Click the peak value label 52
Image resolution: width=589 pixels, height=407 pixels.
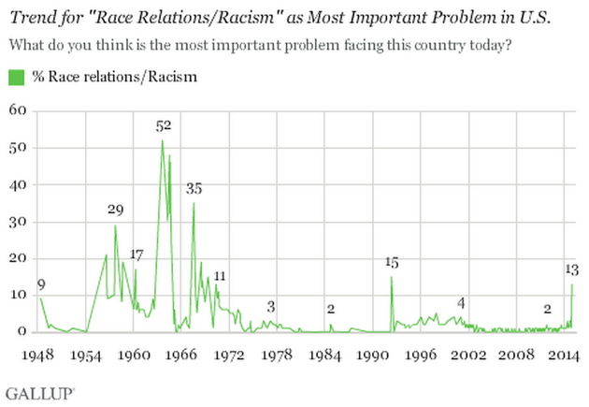(x=164, y=125)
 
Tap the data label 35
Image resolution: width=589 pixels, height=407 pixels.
(x=194, y=188)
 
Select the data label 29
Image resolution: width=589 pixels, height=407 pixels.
(x=115, y=210)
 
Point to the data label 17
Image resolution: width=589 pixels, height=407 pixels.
(x=136, y=254)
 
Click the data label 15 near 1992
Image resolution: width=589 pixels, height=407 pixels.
(x=392, y=262)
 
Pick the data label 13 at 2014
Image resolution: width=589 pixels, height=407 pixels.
(x=571, y=269)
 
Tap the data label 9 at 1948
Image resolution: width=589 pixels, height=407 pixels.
(x=41, y=284)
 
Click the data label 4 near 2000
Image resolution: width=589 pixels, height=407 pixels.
(x=461, y=301)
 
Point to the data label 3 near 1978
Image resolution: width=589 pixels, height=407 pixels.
(x=271, y=306)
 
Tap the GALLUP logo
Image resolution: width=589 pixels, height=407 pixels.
(x=39, y=386)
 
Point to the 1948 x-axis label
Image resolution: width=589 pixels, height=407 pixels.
(x=37, y=356)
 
